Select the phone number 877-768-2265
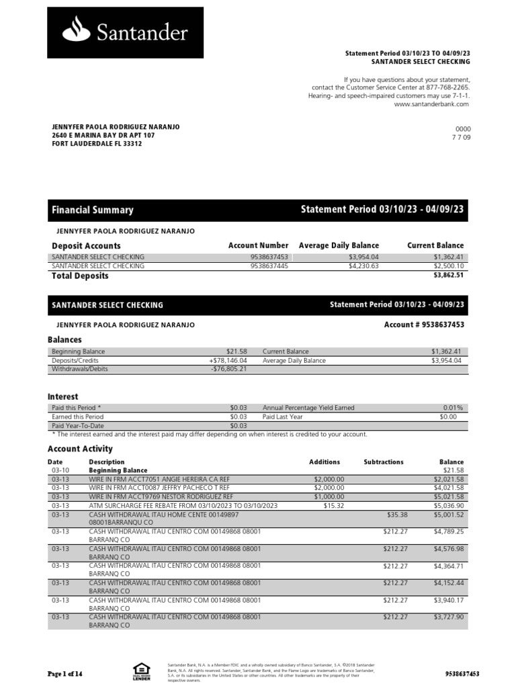(446, 88)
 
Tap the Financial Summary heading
(93, 210)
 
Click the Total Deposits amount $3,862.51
(447, 275)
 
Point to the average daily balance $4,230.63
(363, 266)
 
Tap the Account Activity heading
(80, 449)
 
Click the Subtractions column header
(383, 462)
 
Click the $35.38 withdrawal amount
(397, 514)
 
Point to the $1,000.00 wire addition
(329, 497)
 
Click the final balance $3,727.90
(449, 617)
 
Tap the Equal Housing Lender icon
(141, 671)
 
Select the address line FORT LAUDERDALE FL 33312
(97, 144)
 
